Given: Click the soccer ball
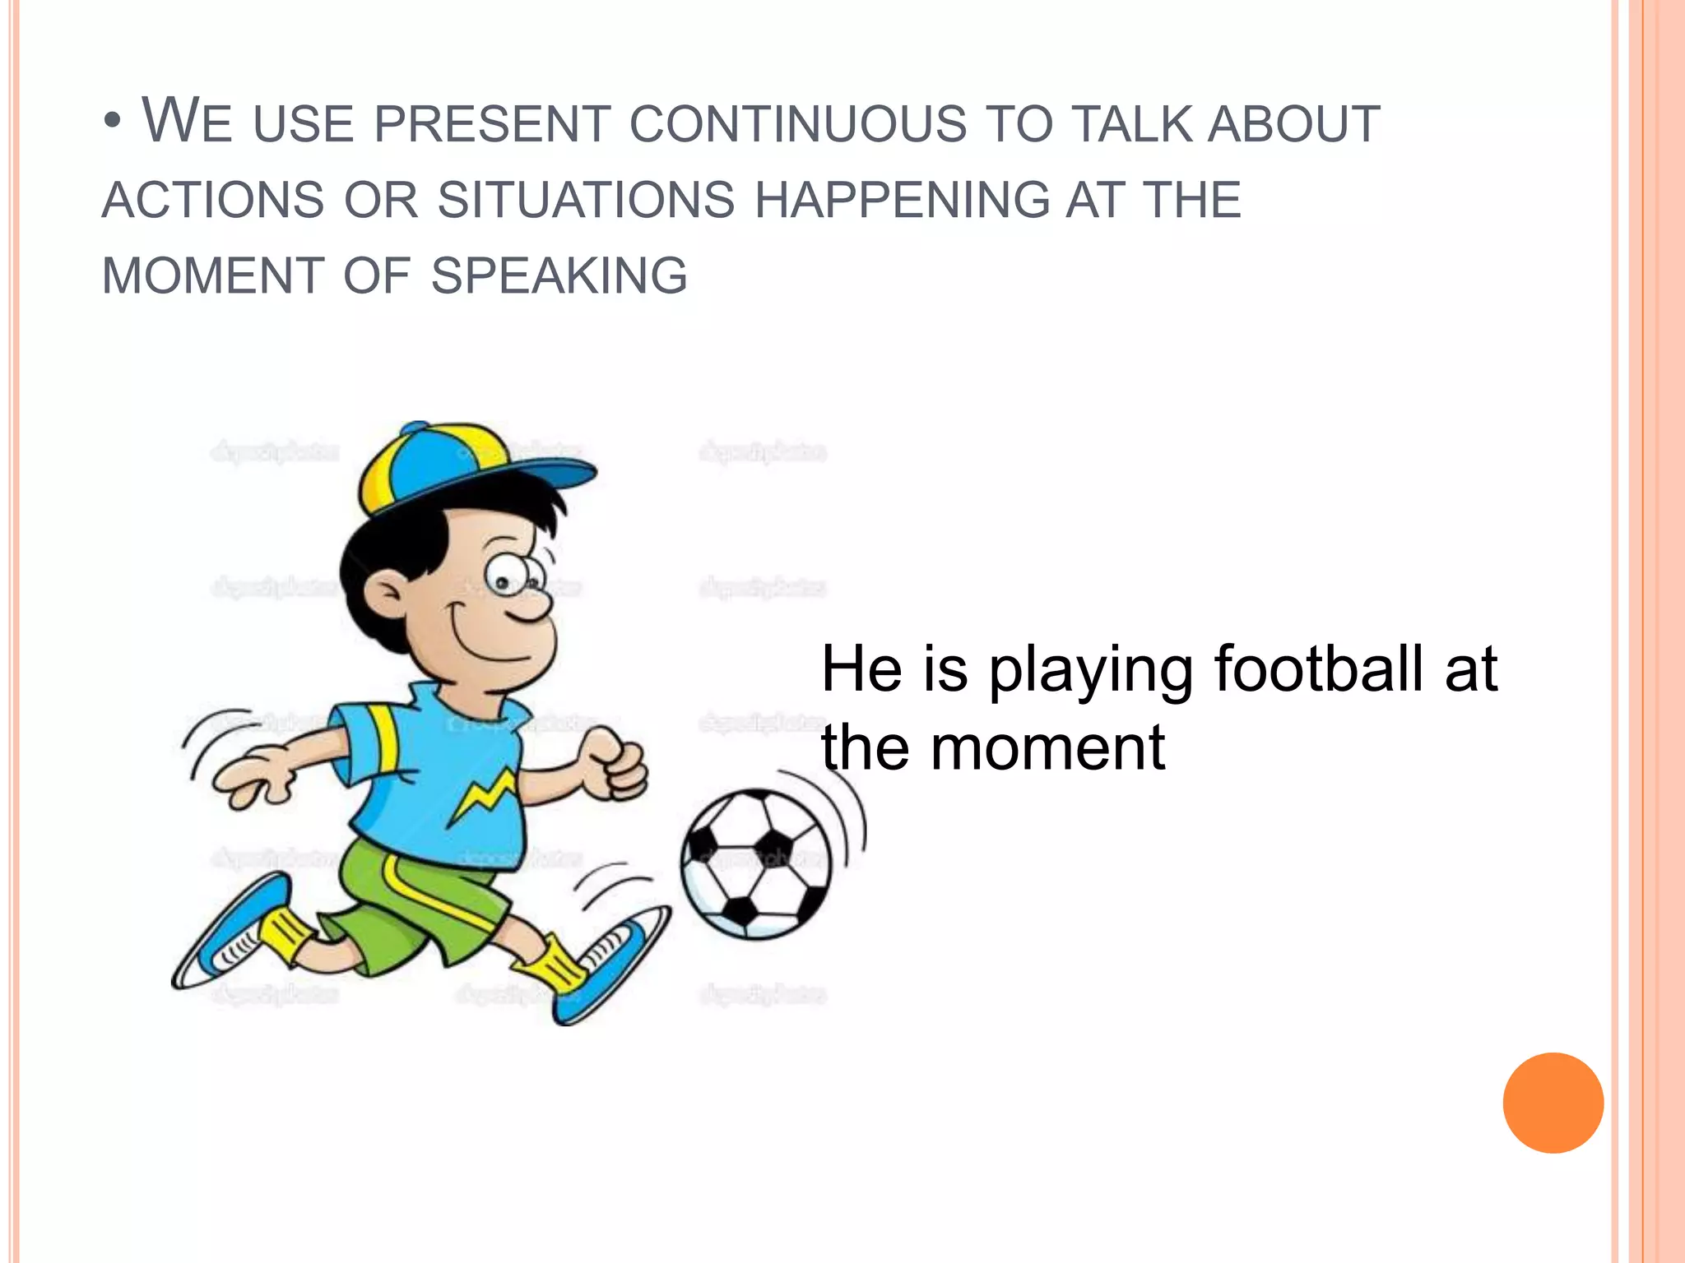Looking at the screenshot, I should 756,863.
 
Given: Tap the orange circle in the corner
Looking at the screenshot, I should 1553,1103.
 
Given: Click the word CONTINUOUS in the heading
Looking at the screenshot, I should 798,125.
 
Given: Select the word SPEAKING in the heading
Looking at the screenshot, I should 559,275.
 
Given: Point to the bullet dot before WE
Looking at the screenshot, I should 113,123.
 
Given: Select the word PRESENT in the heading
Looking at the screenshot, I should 491,125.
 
